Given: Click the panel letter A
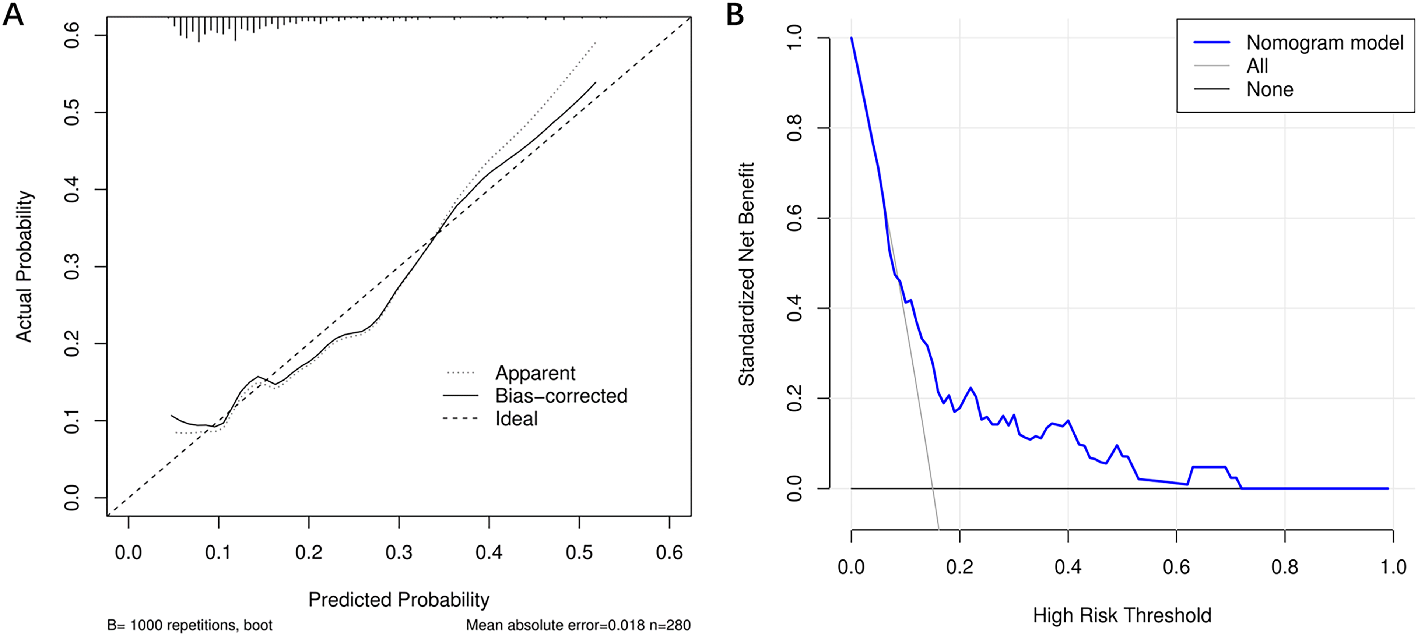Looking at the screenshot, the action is [x=13, y=14].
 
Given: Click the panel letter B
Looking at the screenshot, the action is [x=735, y=15].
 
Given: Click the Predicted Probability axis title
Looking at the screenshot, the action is [x=399, y=600].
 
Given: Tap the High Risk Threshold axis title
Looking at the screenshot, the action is [x=1122, y=615].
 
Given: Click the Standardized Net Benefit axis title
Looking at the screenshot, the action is [x=747, y=274].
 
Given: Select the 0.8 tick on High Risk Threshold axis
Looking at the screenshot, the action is [x=1285, y=567].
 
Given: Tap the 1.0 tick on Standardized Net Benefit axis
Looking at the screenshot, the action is [x=795, y=38].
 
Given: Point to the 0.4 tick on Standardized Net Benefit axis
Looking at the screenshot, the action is [x=795, y=308].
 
